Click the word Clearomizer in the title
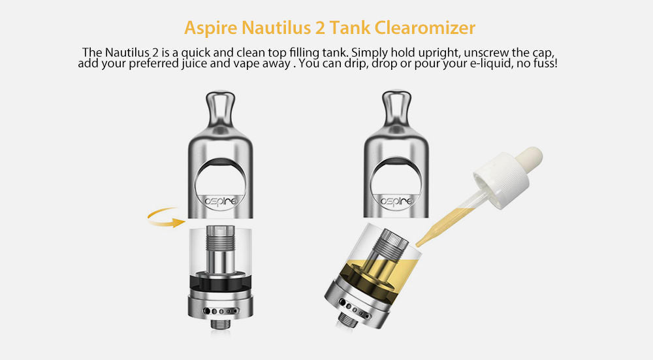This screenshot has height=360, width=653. click(425, 28)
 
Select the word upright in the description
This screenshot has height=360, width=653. click(439, 54)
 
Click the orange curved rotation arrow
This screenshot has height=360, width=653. click(166, 218)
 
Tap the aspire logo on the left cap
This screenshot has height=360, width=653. click(221, 201)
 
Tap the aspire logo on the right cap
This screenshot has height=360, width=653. click(396, 201)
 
